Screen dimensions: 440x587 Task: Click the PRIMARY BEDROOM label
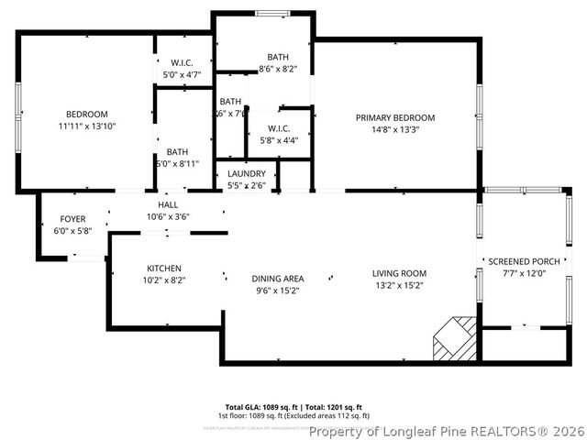tap(395, 118)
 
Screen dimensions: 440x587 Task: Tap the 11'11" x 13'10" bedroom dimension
tap(88, 126)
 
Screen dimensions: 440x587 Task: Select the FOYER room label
tap(73, 219)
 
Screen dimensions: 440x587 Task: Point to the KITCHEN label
tap(165, 269)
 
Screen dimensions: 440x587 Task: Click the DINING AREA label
tap(278, 279)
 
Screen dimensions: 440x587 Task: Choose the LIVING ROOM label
tap(399, 273)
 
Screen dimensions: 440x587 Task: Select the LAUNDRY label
tap(247, 173)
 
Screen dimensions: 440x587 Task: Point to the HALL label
tap(169, 205)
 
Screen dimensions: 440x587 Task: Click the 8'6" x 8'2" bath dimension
tap(278, 69)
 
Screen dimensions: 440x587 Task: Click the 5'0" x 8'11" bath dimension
tap(177, 165)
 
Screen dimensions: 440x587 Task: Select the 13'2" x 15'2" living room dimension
tap(399, 285)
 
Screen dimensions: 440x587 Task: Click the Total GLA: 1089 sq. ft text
tap(257, 406)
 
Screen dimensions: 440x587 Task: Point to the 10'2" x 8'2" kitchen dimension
tap(165, 280)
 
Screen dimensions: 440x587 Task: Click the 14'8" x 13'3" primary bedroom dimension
tap(395, 130)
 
